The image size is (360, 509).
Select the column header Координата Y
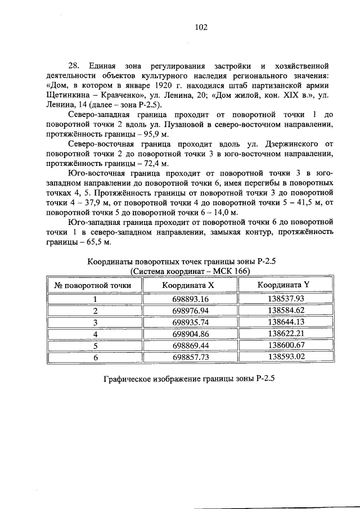pos(283,285)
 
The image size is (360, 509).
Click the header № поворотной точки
pos(93,285)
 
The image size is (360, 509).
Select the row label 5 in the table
pos(95,345)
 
